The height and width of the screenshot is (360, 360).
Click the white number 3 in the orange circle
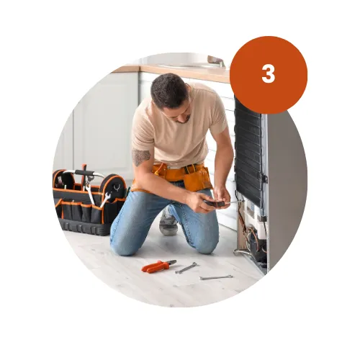click(268, 74)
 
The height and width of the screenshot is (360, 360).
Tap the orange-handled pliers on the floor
click(158, 266)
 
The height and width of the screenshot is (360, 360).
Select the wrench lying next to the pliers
click(186, 268)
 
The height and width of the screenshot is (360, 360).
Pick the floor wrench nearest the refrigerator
click(216, 277)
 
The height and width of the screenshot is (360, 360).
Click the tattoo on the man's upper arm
click(141, 157)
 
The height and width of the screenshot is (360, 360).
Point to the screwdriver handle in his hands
click(215, 204)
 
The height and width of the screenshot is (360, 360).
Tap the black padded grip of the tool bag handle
click(84, 173)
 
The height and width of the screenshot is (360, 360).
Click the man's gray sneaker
click(168, 224)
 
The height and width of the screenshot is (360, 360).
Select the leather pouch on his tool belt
click(197, 178)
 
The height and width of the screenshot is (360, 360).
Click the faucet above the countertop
click(216, 60)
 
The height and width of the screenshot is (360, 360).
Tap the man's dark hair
click(169, 90)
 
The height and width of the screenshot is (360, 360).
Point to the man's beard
click(184, 119)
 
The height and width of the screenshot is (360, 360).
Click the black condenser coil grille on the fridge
click(248, 151)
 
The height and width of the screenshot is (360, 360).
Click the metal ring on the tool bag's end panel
click(117, 187)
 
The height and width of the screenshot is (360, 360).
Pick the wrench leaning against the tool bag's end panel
click(105, 199)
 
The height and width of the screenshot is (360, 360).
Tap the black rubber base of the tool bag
click(84, 228)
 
